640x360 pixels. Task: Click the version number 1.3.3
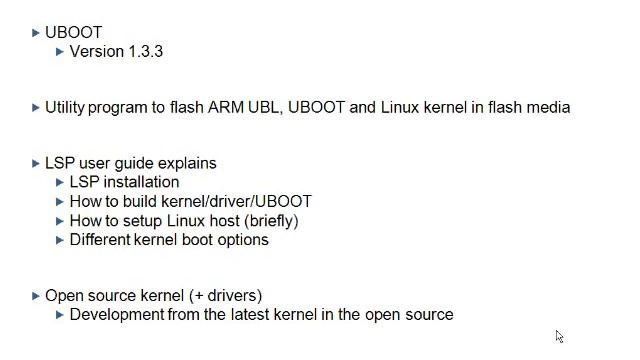[146, 52]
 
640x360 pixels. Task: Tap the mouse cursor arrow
[559, 337]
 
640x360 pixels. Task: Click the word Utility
[64, 108]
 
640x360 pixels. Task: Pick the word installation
[141, 182]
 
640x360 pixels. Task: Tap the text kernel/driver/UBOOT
[236, 202]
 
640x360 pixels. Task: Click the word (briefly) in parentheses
[271, 221]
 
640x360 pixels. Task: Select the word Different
[100, 240]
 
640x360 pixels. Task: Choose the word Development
[117, 315]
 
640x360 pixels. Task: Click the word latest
[250, 315]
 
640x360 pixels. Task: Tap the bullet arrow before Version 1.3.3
[60, 52]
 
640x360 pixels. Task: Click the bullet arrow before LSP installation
[60, 182]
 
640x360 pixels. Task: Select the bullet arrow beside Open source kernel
[36, 296]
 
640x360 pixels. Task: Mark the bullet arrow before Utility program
[36, 108]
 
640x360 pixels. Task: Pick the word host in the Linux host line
[224, 221]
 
